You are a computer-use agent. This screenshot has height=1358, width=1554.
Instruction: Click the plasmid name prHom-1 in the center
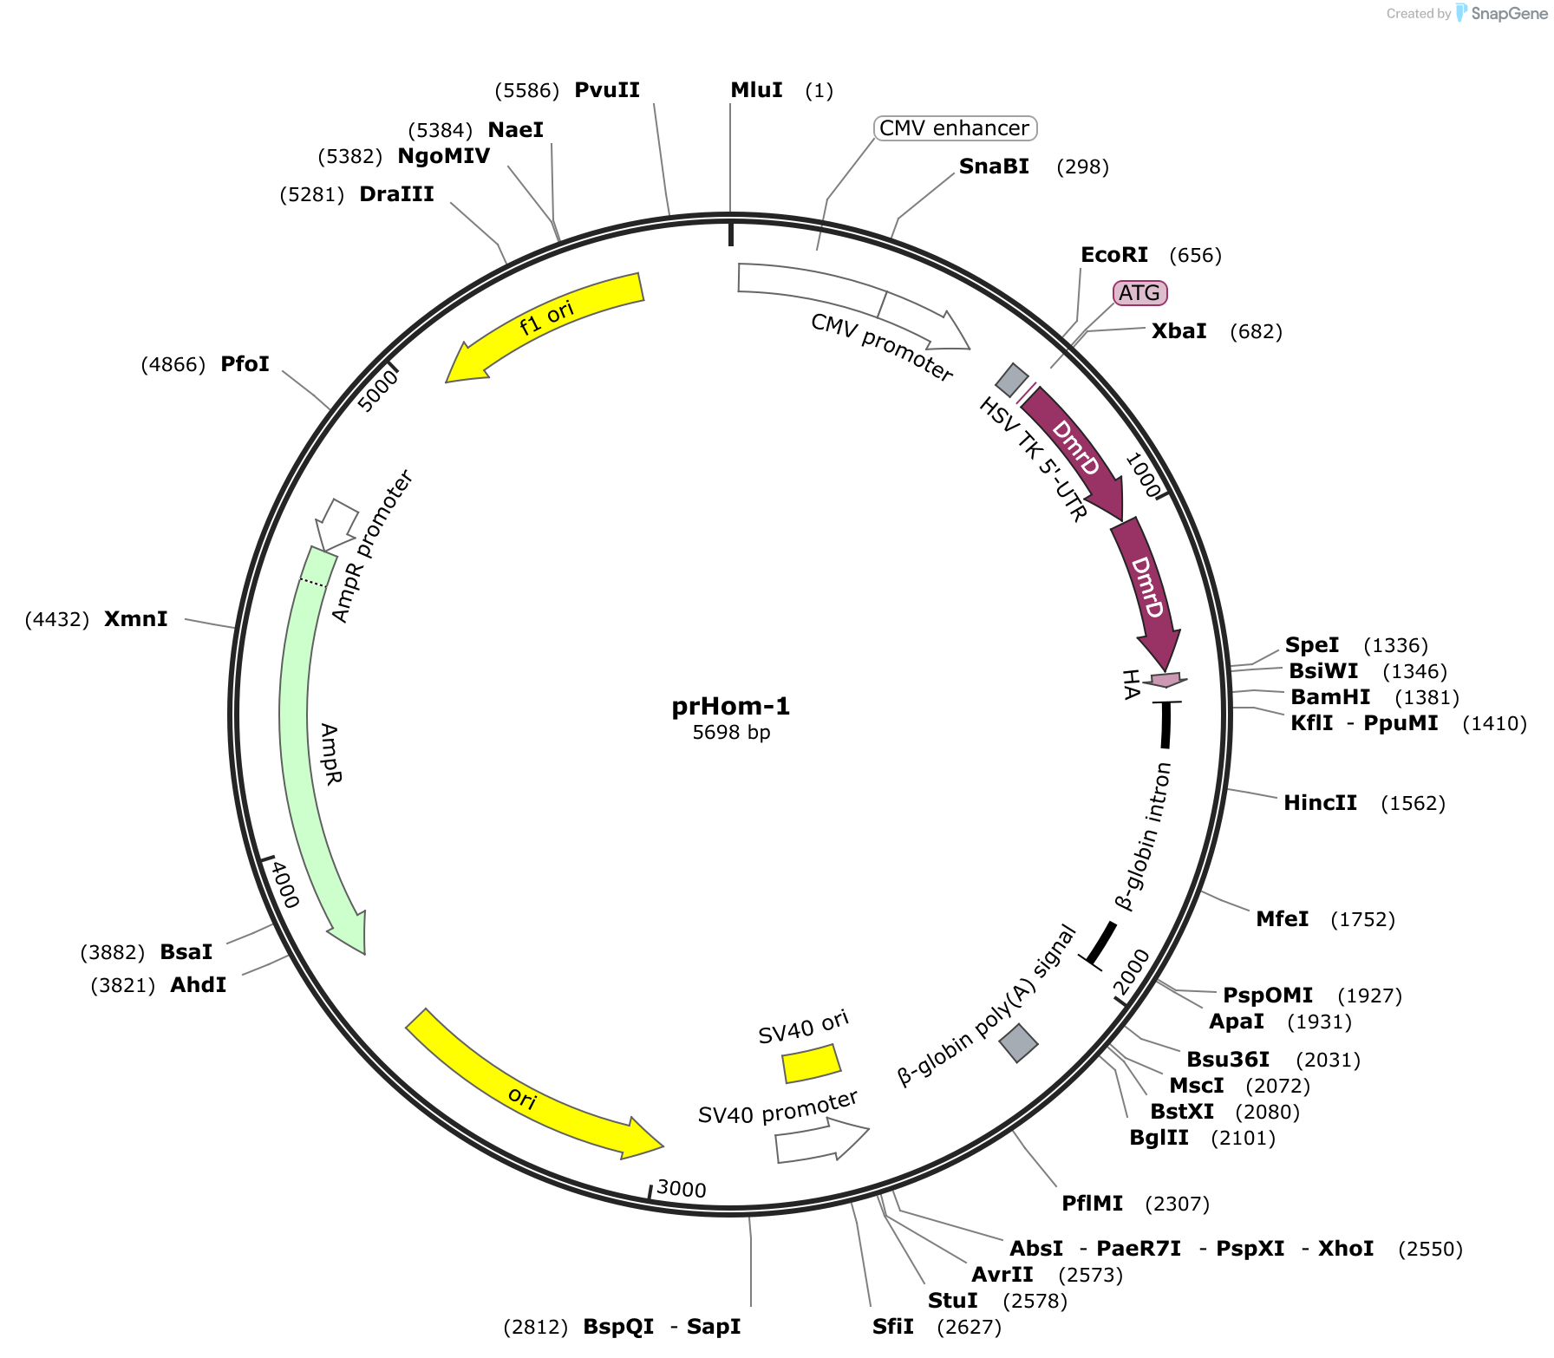click(x=731, y=706)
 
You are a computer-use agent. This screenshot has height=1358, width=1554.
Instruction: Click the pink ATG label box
click(x=1139, y=293)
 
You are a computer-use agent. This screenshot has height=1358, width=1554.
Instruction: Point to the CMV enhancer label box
click(x=955, y=128)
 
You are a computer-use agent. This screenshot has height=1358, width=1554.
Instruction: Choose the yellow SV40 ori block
click(x=811, y=1064)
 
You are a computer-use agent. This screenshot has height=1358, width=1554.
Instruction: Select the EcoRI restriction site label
click(x=1114, y=255)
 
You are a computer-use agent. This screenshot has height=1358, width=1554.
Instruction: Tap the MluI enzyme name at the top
click(x=756, y=90)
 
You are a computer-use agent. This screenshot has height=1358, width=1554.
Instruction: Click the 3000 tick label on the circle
click(x=682, y=1188)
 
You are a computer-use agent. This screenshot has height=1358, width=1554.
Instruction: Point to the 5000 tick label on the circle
click(x=379, y=390)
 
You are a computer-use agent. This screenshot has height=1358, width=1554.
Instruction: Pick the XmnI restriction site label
click(x=136, y=619)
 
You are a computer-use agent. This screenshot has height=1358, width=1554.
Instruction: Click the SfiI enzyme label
click(x=893, y=1327)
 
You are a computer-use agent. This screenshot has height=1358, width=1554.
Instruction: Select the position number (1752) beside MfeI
click(x=1363, y=919)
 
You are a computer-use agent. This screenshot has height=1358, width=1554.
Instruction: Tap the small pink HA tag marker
click(x=1165, y=680)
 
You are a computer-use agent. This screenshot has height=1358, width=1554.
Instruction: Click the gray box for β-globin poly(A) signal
click(x=1018, y=1043)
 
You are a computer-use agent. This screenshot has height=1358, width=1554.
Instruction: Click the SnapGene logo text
click(x=1509, y=14)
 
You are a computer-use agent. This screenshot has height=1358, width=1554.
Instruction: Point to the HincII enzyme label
click(x=1320, y=803)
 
